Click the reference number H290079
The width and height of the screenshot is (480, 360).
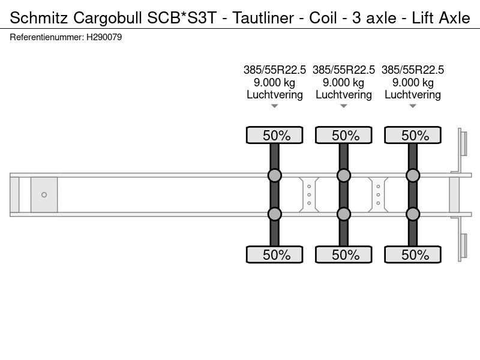coord(104,37)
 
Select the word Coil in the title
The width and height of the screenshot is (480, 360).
coord(323,18)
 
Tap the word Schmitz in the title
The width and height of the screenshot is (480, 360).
coord(38,18)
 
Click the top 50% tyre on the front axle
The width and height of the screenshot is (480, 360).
coord(275,135)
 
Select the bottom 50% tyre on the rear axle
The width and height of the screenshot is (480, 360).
coord(413,254)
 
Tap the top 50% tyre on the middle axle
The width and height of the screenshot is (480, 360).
coord(344,135)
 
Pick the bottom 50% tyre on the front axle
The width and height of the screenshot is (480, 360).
coord(275,254)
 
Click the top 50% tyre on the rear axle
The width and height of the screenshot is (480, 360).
coord(413,135)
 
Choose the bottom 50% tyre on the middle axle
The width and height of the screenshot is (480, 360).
coord(344,254)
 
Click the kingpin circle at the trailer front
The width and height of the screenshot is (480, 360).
coord(44,194)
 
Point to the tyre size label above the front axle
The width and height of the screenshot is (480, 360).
coord(275,70)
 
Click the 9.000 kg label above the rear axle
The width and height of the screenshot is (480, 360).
coord(413,82)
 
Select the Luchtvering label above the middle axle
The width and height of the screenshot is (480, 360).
coord(344,95)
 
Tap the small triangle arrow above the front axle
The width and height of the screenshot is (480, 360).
coord(275,106)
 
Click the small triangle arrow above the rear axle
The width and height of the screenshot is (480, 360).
coord(413,106)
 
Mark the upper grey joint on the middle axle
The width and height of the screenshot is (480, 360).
coord(344,175)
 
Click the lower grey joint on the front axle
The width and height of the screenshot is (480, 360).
coord(275,214)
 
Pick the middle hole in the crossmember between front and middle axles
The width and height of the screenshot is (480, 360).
coord(309,194)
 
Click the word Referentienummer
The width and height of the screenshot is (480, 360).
coord(47,37)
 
